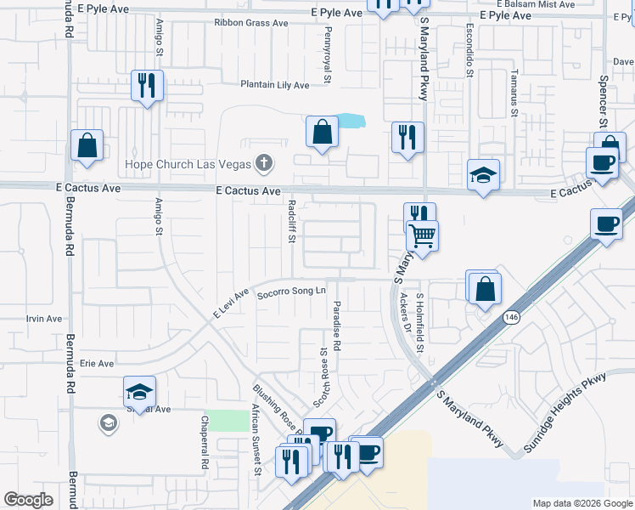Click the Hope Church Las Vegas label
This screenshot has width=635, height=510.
click(188, 163)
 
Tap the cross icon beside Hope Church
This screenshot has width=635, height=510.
click(264, 162)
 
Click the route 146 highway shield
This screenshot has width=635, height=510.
click(510, 317)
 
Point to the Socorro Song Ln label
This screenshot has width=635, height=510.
click(292, 292)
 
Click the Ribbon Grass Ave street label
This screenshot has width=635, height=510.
click(251, 23)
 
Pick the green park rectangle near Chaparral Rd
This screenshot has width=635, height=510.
click(222, 420)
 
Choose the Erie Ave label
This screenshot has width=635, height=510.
click(96, 363)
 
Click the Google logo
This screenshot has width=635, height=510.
click(28, 500)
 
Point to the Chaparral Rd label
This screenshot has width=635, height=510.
click(204, 443)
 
